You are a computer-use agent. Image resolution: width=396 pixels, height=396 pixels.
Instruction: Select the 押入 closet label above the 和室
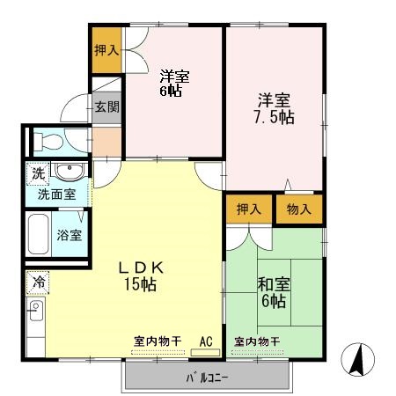(x=249, y=209)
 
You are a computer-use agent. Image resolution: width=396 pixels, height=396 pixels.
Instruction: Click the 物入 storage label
(x=298, y=209)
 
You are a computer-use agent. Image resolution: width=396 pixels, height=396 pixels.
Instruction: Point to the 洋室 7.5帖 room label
(x=274, y=108)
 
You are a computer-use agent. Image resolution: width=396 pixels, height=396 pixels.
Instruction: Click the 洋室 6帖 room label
(x=174, y=83)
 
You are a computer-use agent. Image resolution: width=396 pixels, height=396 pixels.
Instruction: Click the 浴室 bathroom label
(x=70, y=235)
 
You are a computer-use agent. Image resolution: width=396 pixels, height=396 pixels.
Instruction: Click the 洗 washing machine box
(x=38, y=172)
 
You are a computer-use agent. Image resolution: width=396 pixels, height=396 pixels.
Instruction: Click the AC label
(x=207, y=341)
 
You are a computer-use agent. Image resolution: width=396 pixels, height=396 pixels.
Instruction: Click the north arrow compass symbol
(x=357, y=358)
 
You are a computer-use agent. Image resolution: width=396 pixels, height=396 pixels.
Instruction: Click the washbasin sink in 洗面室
(x=67, y=170)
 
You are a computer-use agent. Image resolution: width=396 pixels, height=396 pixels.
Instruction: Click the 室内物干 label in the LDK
(x=158, y=341)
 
